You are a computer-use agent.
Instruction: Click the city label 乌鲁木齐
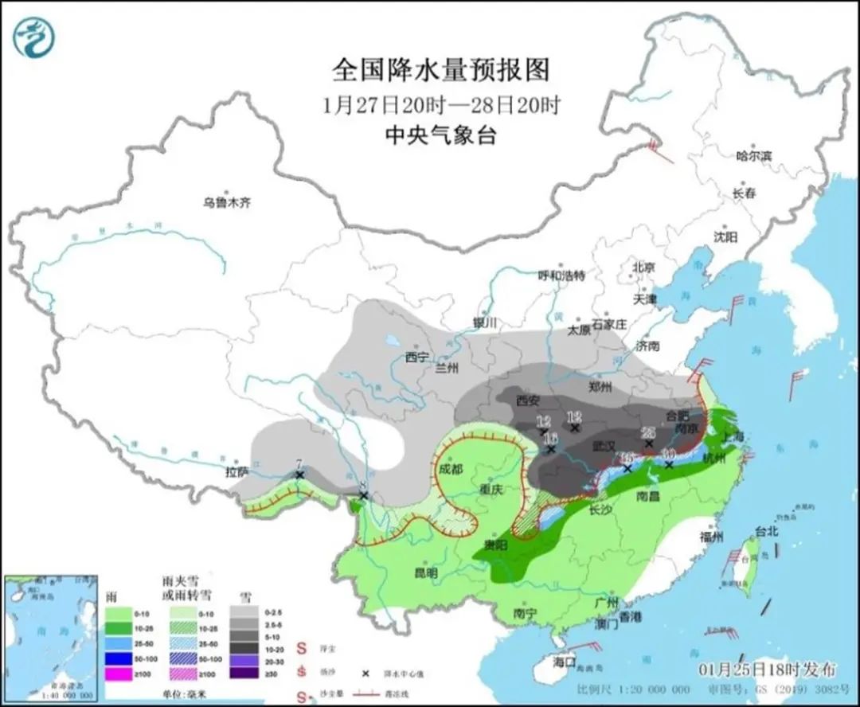tap(226, 203)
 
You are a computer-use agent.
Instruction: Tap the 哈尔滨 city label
tap(753, 156)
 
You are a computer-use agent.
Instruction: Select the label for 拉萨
tap(237, 471)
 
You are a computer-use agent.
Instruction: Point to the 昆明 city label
tap(426, 572)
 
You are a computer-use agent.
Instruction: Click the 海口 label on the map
tap(565, 662)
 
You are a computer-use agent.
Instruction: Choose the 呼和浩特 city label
tap(561, 275)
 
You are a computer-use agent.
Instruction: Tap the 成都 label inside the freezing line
tap(450, 469)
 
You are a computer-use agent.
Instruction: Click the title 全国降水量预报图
tap(440, 70)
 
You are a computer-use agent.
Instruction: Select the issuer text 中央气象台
tap(440, 136)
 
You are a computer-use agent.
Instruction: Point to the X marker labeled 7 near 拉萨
tap(299, 475)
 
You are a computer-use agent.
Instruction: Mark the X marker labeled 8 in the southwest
tap(363, 496)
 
